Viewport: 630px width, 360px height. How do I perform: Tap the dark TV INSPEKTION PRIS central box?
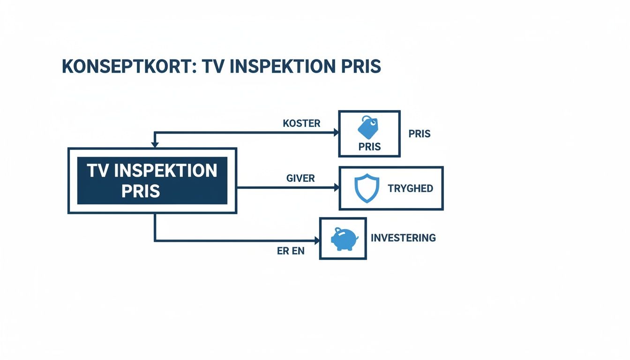(x=152, y=180)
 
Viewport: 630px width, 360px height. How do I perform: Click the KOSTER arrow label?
(x=301, y=124)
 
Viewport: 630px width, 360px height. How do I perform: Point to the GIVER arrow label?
(x=300, y=179)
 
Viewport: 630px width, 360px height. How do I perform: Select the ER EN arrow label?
(x=291, y=251)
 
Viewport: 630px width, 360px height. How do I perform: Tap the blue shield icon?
(x=366, y=188)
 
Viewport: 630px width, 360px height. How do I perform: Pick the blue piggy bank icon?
(x=344, y=239)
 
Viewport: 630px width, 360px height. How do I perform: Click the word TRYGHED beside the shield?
(x=410, y=189)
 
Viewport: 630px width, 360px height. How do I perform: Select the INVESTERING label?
(x=403, y=238)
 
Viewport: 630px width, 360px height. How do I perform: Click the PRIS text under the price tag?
(x=369, y=147)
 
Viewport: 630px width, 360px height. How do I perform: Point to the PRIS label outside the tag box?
(x=419, y=134)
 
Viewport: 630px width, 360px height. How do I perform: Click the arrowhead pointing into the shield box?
(x=336, y=187)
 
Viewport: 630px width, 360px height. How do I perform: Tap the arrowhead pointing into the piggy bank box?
(x=317, y=241)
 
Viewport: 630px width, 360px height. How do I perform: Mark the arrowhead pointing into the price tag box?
(x=336, y=133)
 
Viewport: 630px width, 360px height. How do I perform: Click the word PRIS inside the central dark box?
(x=141, y=191)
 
